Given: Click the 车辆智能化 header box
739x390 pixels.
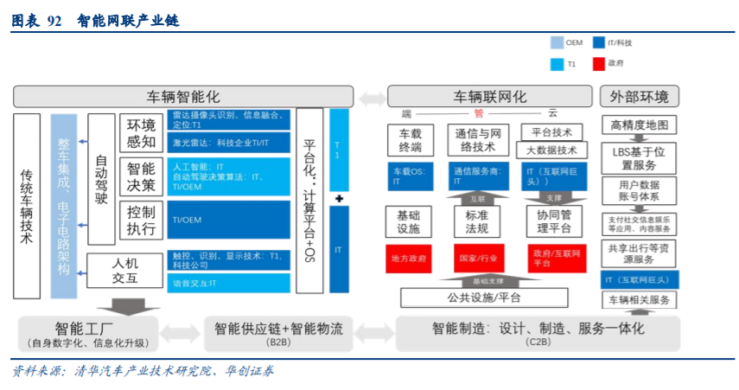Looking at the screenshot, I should point(183,96).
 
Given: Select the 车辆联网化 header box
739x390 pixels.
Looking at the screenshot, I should point(489,96).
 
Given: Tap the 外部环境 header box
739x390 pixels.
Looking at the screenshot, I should point(640,96).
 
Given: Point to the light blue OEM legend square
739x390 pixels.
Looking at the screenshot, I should point(557,42).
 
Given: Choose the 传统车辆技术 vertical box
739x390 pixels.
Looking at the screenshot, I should point(27,205).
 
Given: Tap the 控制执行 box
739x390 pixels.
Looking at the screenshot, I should point(141,221).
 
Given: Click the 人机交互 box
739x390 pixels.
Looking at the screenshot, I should point(125,270).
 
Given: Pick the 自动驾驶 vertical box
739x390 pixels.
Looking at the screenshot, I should point(101,179).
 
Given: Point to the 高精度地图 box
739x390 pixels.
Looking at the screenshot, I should point(640,125).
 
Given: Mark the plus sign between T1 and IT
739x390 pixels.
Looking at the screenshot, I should point(339,199).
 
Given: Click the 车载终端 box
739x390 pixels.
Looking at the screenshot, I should point(411,141).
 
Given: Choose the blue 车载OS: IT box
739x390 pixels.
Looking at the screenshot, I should point(411,177).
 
